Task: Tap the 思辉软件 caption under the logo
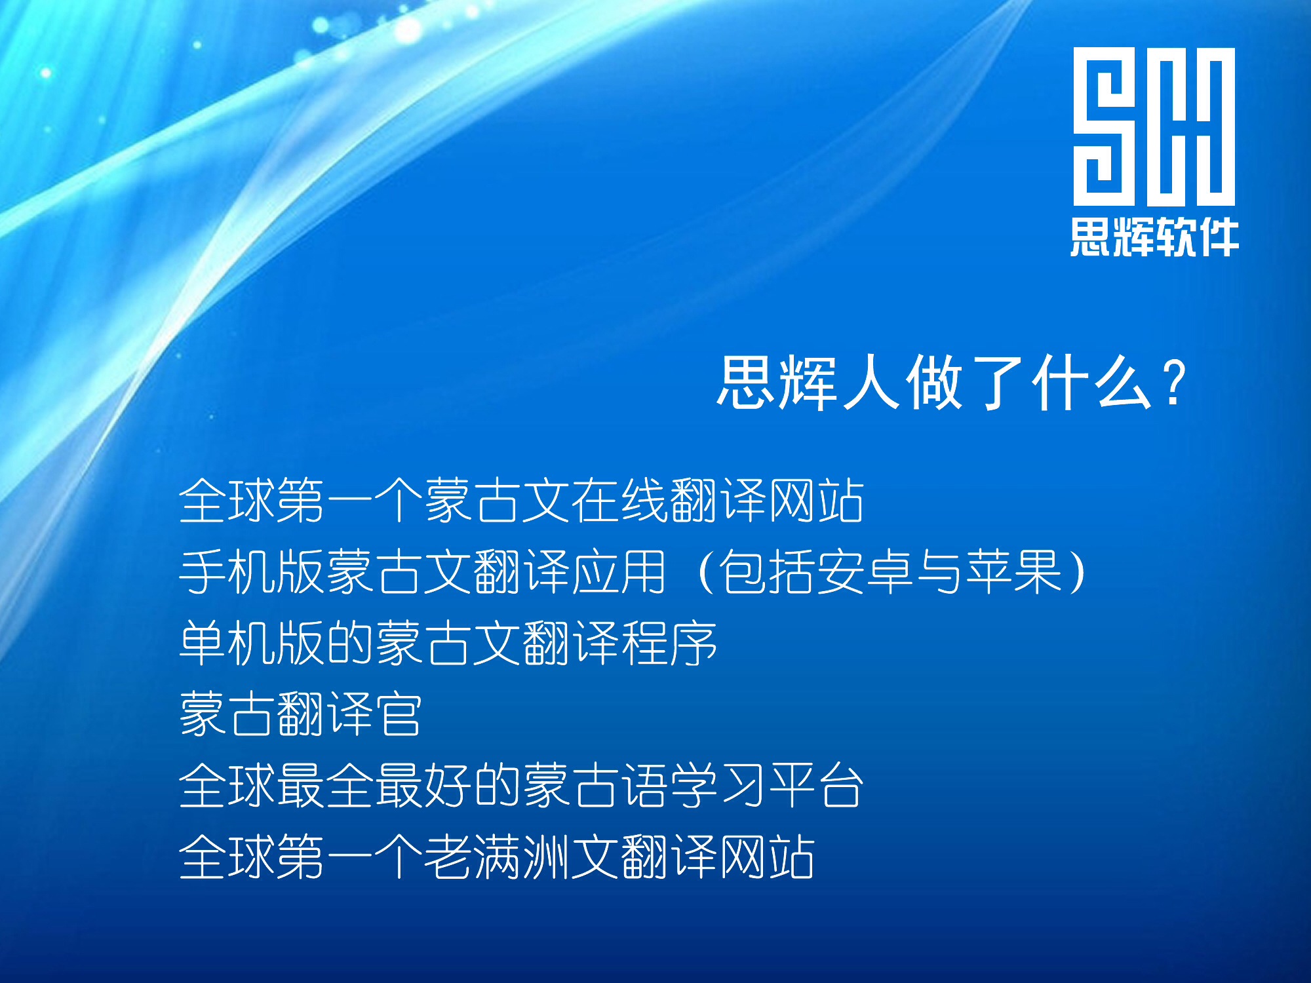tap(1154, 237)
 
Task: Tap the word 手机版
tap(252, 571)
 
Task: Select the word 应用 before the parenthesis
tap(619, 571)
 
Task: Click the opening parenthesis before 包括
tap(706, 571)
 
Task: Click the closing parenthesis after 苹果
tap(1078, 571)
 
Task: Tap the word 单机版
tap(252, 643)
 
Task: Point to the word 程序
tap(669, 643)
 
